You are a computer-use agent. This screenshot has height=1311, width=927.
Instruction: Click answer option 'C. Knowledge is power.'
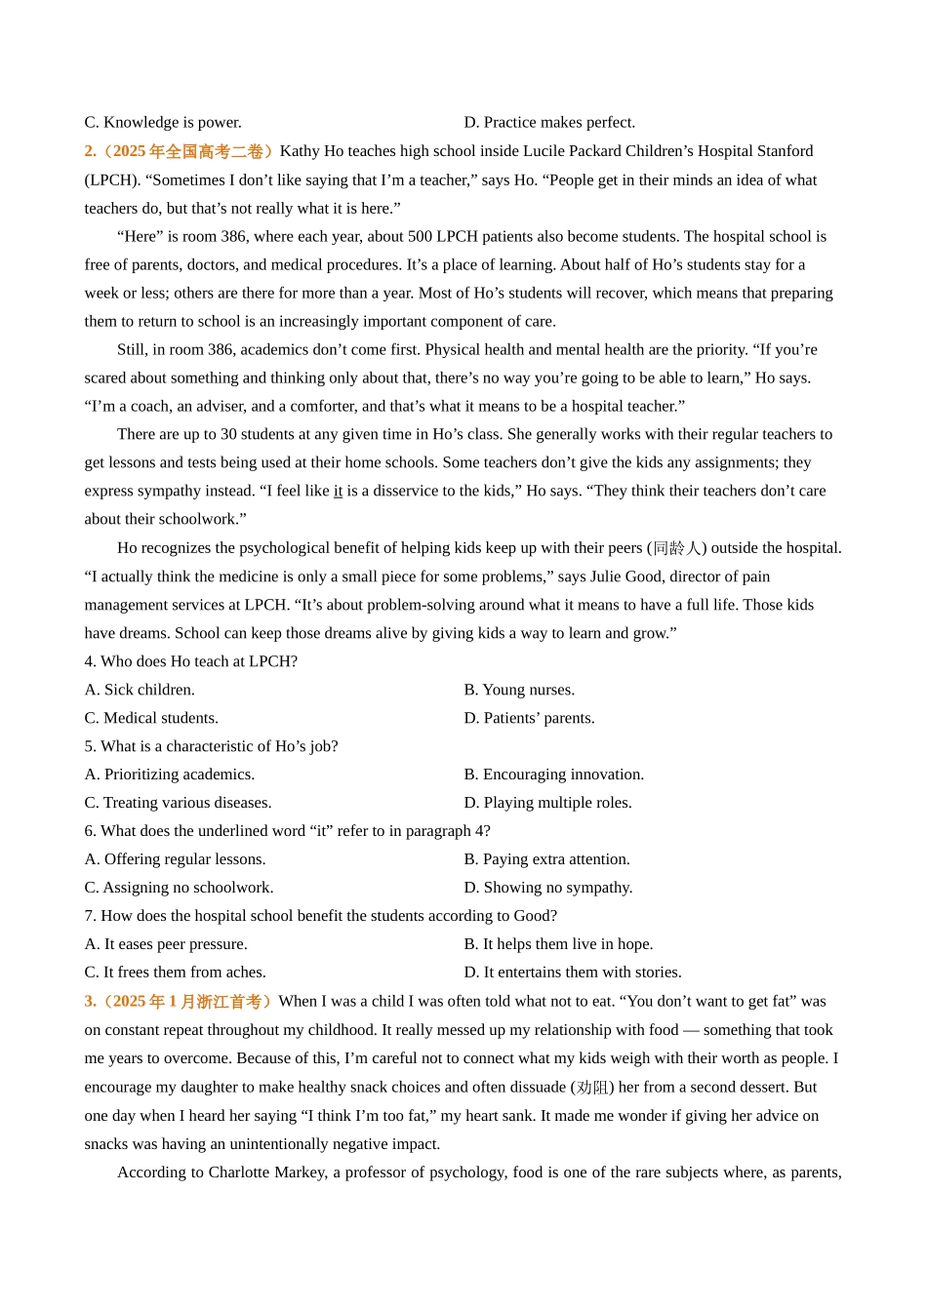[x=163, y=122]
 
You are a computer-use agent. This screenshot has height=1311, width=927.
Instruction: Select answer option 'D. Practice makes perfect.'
[x=549, y=122]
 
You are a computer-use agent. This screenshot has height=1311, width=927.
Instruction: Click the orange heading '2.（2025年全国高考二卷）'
[x=180, y=151]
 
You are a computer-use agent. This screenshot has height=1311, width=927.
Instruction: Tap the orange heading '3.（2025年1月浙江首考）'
[x=179, y=1002]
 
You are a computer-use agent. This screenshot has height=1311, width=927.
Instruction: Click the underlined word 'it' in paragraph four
[x=338, y=491]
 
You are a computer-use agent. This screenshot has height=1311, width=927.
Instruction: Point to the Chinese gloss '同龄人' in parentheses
[x=676, y=548]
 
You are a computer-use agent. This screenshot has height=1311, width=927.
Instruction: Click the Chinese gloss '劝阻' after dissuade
[x=591, y=1087]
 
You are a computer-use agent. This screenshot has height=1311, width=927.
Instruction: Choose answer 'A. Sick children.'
[x=140, y=690]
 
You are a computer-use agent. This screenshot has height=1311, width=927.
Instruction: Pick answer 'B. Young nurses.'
[x=519, y=690]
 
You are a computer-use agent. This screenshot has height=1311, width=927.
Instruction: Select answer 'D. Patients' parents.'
[x=529, y=718]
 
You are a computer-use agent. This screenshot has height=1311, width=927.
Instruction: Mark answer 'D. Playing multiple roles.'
[x=547, y=803]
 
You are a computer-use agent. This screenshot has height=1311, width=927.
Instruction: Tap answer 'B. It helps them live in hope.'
[x=558, y=944]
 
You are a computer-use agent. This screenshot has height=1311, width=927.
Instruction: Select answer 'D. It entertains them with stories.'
[x=573, y=973]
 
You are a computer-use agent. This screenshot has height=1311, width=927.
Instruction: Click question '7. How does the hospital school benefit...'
[x=320, y=916]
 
